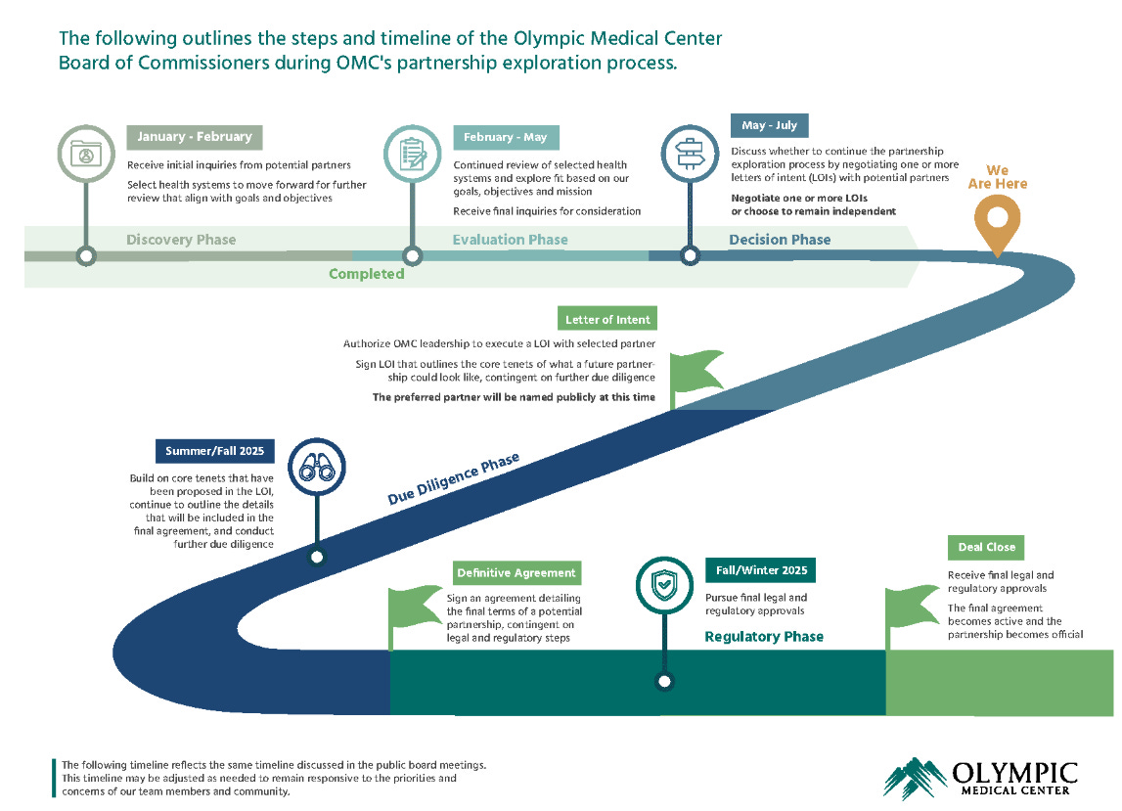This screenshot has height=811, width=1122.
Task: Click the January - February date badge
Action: (195, 137)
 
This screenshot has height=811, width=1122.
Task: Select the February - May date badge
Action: (507, 138)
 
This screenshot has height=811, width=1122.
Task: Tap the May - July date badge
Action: (769, 125)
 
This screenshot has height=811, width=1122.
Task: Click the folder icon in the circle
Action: (86, 155)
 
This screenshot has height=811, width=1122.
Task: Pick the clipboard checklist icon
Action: (413, 155)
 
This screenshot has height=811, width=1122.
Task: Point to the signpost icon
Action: (690, 155)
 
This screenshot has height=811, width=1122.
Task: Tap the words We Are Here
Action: (997, 177)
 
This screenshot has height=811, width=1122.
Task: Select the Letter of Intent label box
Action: (607, 319)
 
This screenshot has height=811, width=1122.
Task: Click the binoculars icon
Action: (316, 467)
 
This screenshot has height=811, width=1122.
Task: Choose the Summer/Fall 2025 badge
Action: (214, 451)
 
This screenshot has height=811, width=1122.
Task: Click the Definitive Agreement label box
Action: (517, 573)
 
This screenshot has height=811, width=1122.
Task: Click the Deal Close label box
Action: (986, 548)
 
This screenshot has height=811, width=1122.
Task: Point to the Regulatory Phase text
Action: (764, 637)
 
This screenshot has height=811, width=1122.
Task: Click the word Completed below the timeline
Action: (366, 274)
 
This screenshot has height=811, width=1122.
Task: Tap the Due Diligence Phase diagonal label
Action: (453, 479)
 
